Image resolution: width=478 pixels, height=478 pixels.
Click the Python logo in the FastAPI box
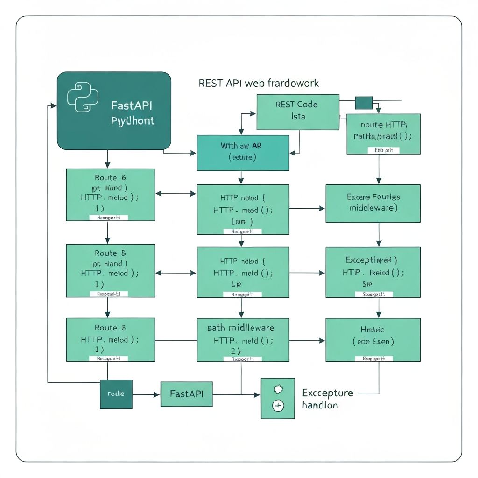click(83, 97)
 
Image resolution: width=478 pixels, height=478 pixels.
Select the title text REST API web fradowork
click(259, 83)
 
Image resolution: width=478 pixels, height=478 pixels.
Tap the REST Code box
click(297, 112)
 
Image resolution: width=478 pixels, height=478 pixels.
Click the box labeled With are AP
click(243, 153)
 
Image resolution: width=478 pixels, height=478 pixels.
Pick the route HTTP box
click(383, 134)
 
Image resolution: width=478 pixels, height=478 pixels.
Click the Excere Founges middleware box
click(373, 203)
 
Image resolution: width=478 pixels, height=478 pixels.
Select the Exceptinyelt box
click(373, 272)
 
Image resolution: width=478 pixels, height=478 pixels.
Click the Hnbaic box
click(373, 339)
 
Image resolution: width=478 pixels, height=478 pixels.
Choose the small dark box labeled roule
click(116, 394)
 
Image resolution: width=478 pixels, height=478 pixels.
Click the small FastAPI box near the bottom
click(186, 394)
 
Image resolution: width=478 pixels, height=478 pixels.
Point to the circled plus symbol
click(278, 406)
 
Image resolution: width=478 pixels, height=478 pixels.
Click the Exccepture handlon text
click(327, 399)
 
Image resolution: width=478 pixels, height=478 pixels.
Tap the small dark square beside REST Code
click(364, 103)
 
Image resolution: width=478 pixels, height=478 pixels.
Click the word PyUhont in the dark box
click(133, 121)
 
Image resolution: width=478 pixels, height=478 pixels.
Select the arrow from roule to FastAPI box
click(146, 394)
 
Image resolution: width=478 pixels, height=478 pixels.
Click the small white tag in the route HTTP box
click(383, 150)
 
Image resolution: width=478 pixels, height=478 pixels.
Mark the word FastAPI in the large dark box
click(132, 105)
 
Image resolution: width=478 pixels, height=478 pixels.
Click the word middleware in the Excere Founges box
click(373, 208)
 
